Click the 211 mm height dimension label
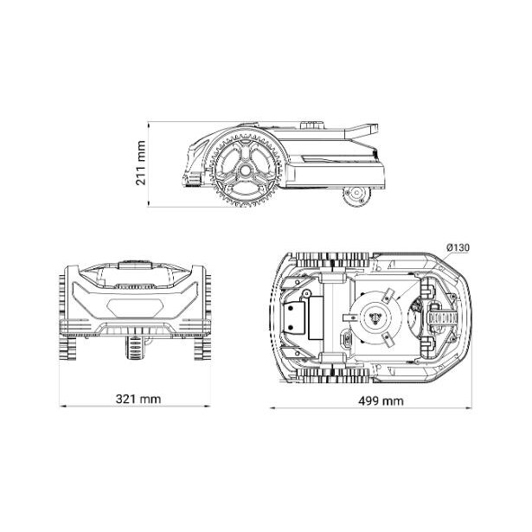click(140, 163)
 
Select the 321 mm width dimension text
click(138, 398)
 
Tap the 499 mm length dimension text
click(381, 401)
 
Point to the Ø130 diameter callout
click(458, 248)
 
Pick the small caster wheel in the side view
click(356, 195)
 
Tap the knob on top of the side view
click(312, 125)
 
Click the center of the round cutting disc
click(375, 317)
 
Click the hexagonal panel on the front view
click(135, 305)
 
